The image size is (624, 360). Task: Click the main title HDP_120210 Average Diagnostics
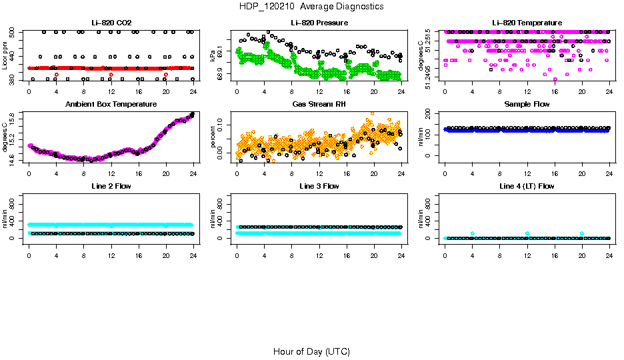(x=312, y=6)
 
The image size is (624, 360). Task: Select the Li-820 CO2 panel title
(x=111, y=23)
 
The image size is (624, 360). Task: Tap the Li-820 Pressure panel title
(x=319, y=23)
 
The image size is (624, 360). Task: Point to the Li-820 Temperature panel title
(x=527, y=23)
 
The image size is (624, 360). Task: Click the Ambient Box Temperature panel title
(x=111, y=105)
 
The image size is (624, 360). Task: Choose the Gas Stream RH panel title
(x=319, y=105)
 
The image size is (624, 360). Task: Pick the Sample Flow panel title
(x=527, y=105)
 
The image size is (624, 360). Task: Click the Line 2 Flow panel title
(x=111, y=186)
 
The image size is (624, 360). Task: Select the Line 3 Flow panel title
(x=319, y=186)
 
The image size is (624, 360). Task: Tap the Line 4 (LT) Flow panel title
(x=527, y=186)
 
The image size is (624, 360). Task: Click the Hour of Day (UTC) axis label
(x=311, y=351)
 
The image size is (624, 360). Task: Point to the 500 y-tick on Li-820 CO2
(x=13, y=32)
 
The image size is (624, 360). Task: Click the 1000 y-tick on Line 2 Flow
(x=13, y=197)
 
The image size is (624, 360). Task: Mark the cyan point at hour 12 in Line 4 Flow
(x=527, y=233)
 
